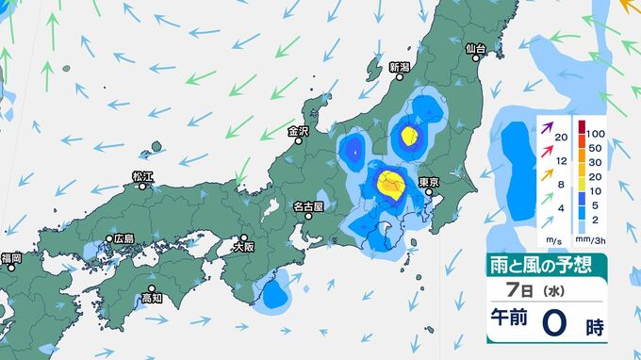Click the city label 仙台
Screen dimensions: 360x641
click(475, 48)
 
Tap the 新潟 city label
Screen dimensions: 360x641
click(400, 68)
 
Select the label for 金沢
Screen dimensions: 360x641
click(299, 131)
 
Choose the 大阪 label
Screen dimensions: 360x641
click(243, 247)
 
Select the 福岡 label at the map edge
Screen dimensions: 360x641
click(11, 257)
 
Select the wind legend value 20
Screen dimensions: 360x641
click(563, 139)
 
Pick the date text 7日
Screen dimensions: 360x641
click(514, 291)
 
